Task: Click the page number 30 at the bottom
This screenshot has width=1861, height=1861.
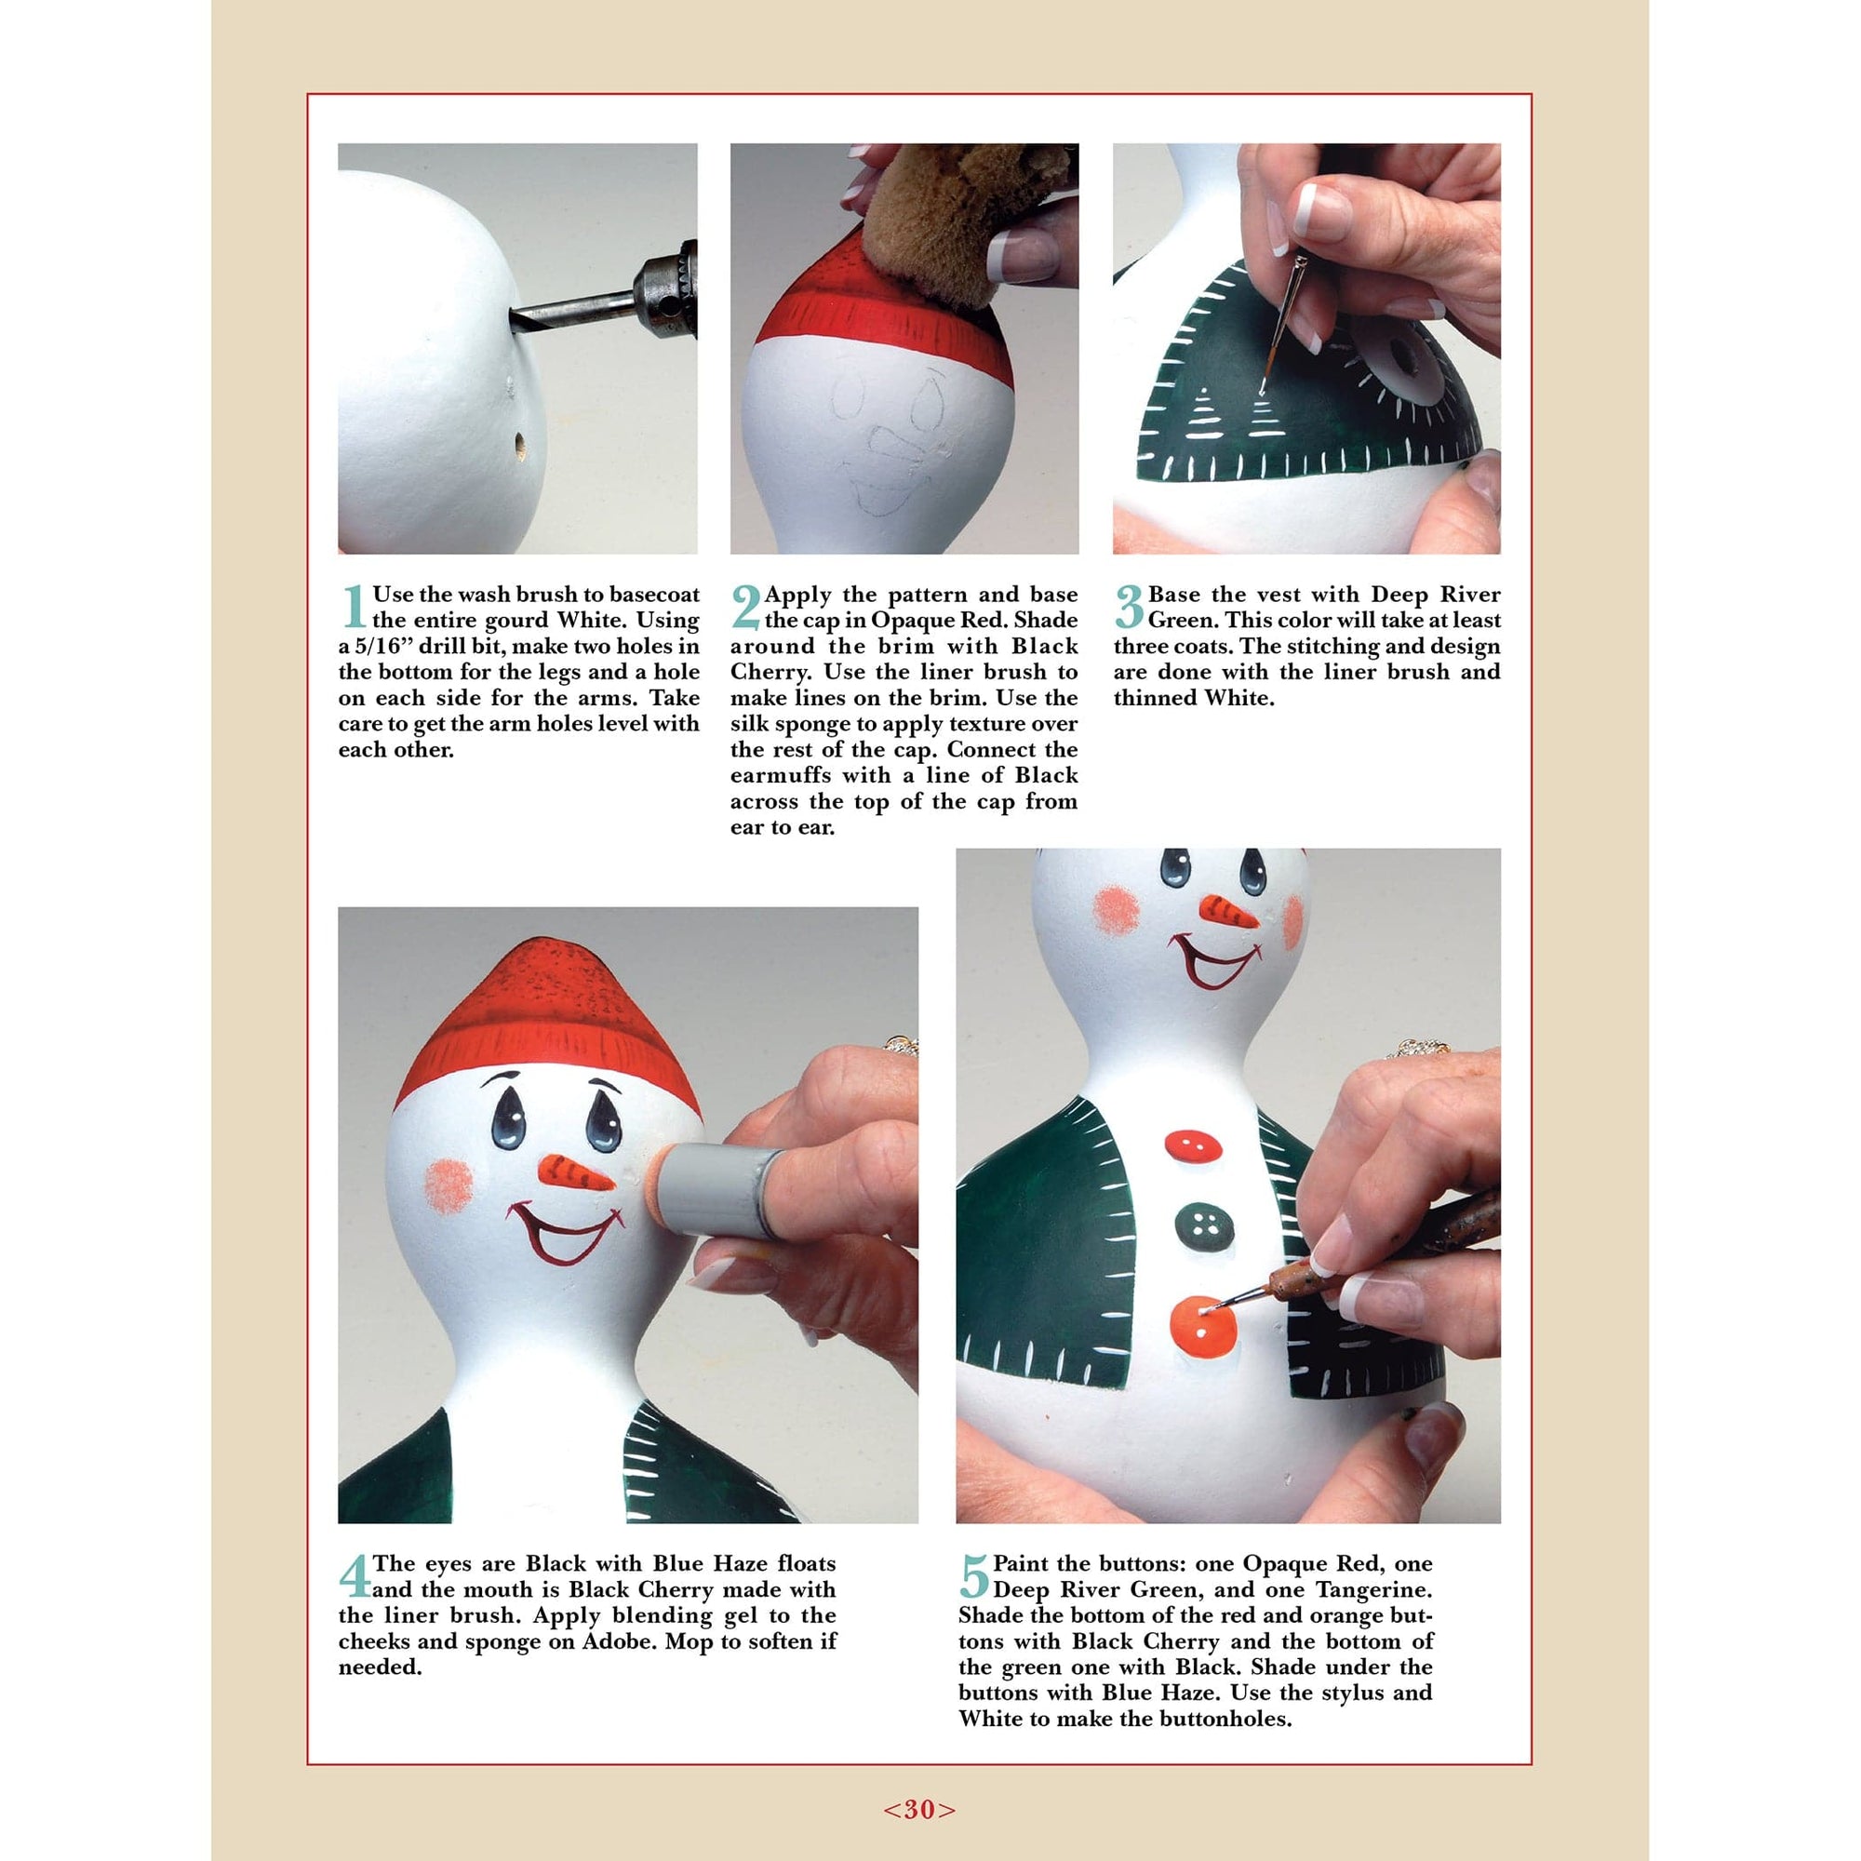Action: click(x=920, y=1810)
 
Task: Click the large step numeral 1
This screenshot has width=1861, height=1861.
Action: click(x=354, y=607)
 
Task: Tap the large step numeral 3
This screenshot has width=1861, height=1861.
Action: click(x=1128, y=607)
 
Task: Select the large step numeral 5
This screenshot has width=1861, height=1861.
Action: click(x=974, y=1577)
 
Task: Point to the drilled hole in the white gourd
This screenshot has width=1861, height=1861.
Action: click(x=519, y=446)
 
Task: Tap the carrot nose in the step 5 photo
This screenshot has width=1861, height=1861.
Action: click(x=1226, y=910)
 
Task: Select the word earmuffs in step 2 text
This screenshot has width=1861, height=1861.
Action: click(x=782, y=775)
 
